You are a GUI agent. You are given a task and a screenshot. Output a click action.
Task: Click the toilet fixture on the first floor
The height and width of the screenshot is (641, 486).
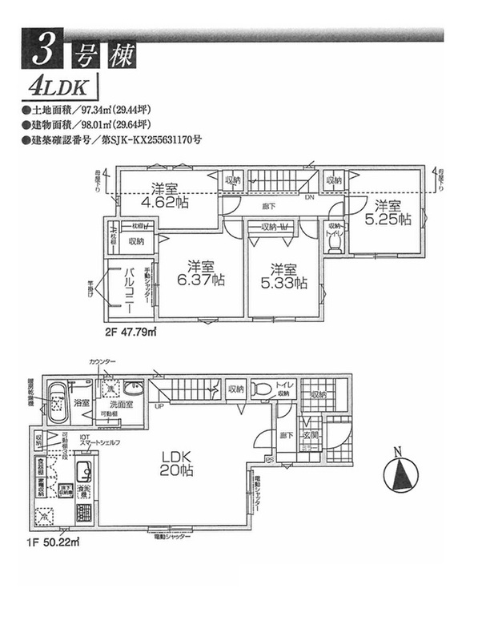(261, 390)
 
